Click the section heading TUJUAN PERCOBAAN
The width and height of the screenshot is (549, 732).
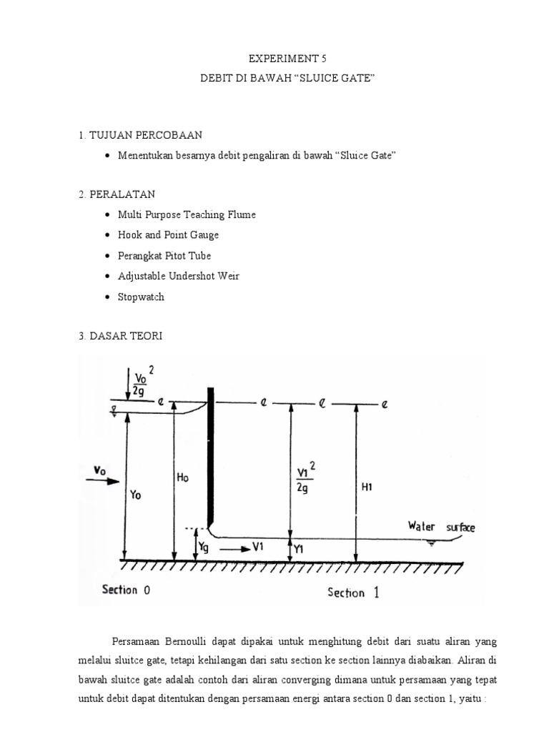pyautogui.click(x=147, y=134)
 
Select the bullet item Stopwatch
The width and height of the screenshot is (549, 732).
pyautogui.click(x=141, y=296)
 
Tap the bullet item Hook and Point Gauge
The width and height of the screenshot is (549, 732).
pyautogui.click(x=168, y=234)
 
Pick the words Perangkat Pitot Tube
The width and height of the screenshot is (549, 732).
pyautogui.click(x=164, y=255)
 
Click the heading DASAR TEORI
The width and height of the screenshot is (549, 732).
pyautogui.click(x=126, y=335)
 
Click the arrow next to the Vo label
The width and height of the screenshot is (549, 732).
pyautogui.click(x=103, y=482)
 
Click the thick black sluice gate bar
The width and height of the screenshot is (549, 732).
pyautogui.click(x=211, y=457)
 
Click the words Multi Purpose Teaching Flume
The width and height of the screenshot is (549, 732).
pyautogui.click(x=187, y=214)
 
